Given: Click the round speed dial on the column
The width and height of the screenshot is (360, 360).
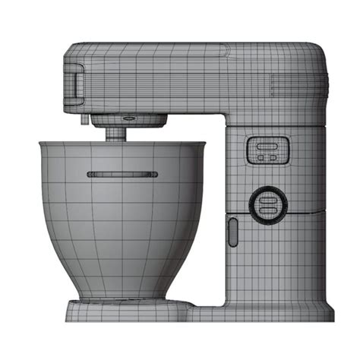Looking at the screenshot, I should coord(267,204).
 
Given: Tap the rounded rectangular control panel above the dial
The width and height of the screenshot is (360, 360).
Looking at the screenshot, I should coord(267,150).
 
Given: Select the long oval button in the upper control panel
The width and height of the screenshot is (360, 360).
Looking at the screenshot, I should coord(267,144).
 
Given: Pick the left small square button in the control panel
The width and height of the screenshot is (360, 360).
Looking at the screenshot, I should coord(261,157).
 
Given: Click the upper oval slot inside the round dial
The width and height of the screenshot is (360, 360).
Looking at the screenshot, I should coord(267,198).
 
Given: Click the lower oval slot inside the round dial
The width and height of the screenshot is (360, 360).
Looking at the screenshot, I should coord(267,209).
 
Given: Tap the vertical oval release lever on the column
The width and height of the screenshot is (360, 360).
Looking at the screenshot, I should coord(232,232).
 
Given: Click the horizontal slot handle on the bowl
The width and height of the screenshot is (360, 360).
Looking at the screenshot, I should coord(123,174).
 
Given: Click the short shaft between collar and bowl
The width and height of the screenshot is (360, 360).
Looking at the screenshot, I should coord(116,134).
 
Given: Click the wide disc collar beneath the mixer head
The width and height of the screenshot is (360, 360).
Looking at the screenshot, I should coord(129,120).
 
